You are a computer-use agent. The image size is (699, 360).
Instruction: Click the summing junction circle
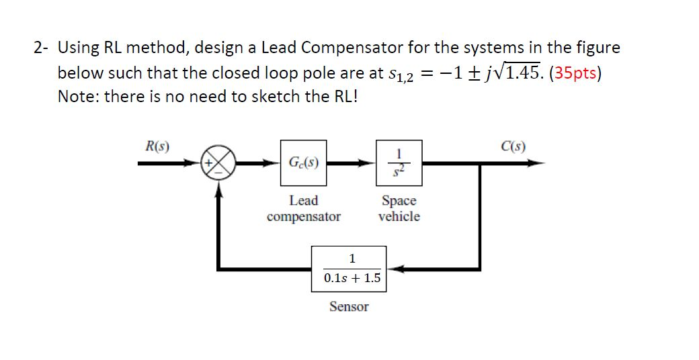(217, 163)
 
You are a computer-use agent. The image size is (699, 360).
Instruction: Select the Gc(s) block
(303, 163)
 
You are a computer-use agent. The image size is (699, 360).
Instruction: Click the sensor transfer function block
(349, 269)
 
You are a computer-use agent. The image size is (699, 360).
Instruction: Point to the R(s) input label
(157, 145)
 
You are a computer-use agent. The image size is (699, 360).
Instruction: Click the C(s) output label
(513, 145)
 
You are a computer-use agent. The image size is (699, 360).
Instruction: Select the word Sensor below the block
(349, 307)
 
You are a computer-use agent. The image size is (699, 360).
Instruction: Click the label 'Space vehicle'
(399, 208)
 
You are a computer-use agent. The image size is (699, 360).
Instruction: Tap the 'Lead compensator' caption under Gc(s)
(303, 208)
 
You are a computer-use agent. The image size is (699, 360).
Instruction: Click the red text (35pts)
(575, 73)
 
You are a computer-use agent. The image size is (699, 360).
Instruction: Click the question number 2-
(42, 48)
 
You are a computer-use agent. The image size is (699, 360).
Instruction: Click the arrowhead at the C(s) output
(538, 163)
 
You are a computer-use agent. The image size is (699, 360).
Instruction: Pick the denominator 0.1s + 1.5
(349, 278)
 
